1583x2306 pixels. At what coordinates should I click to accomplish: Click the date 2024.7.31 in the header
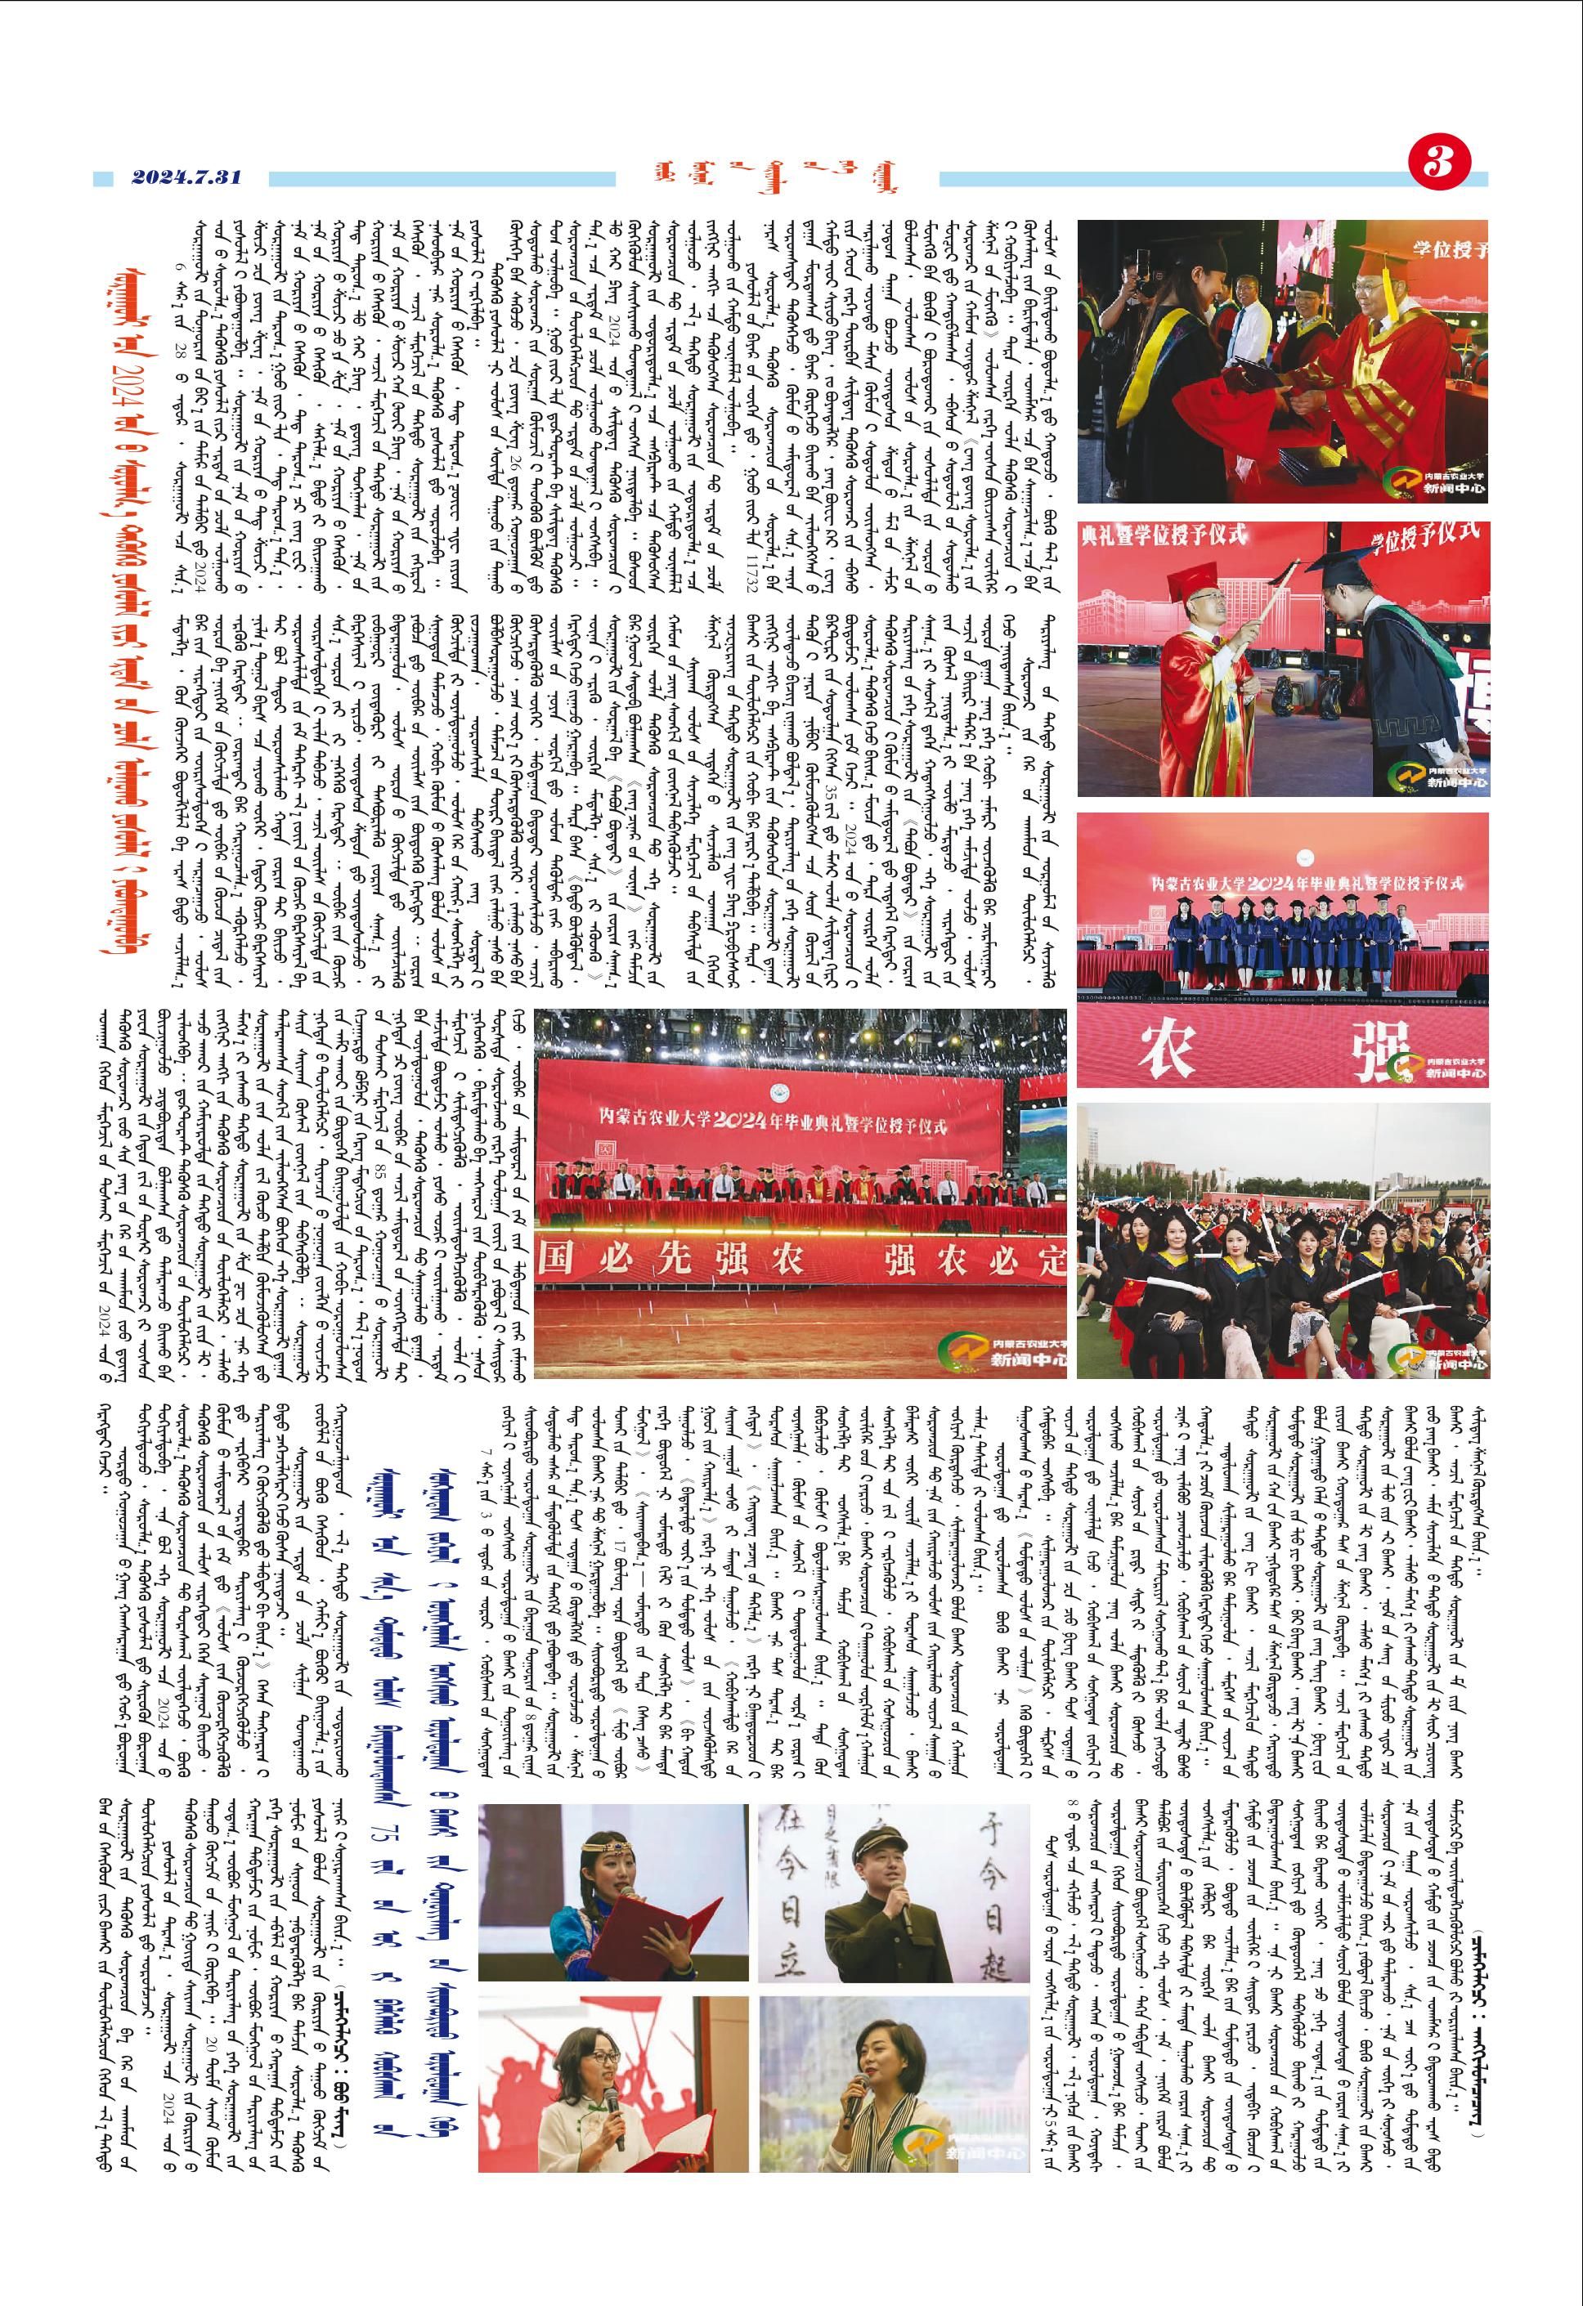[x=186, y=178]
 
